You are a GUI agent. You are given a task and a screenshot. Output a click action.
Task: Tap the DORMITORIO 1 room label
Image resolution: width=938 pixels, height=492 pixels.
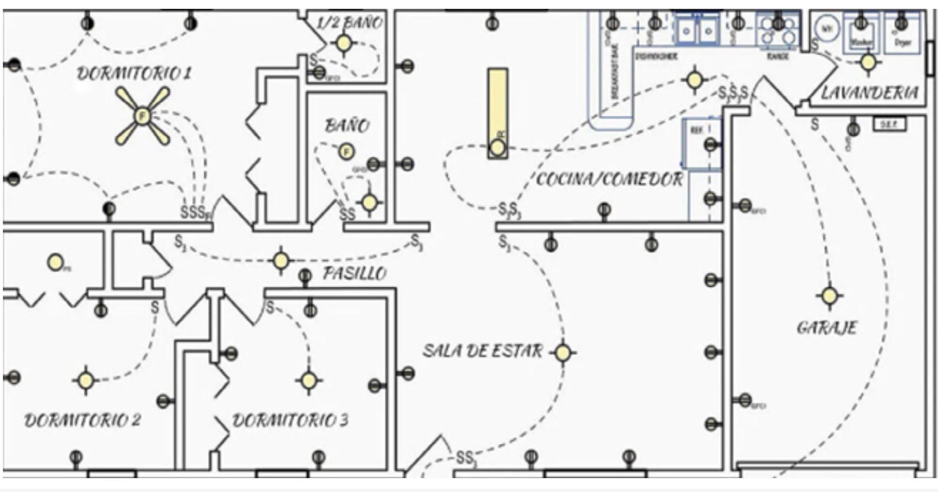[x=134, y=73]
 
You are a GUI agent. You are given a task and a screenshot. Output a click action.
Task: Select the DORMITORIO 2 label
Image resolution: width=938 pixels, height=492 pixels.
[x=82, y=420]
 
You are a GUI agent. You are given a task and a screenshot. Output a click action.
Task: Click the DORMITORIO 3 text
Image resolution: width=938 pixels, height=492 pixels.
[x=290, y=420]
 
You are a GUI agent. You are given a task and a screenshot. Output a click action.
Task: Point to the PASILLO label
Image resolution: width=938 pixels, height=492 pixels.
[x=354, y=273]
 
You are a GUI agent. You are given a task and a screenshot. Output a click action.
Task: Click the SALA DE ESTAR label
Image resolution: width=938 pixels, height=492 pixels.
[x=482, y=351]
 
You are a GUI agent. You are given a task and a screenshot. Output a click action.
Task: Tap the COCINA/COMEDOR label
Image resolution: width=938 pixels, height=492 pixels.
[x=609, y=179]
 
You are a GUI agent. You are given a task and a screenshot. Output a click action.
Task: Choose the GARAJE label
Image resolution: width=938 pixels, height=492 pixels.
[x=826, y=327]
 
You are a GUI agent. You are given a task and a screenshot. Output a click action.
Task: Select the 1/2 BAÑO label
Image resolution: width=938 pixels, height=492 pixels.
[x=349, y=22]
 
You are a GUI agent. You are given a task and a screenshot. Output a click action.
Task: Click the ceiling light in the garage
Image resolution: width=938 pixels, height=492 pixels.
[x=829, y=296]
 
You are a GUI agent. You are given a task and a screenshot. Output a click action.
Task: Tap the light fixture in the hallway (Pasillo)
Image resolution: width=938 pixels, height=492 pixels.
[x=281, y=260]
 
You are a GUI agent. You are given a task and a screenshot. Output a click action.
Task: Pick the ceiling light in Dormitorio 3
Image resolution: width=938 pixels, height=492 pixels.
[x=308, y=381]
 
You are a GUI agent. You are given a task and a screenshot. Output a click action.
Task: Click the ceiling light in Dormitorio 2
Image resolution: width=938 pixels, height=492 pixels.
[x=86, y=380]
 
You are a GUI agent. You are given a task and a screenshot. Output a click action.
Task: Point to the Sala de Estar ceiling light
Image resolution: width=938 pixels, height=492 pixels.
[x=563, y=353]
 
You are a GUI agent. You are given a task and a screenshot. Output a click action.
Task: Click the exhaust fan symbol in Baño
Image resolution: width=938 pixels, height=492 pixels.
[x=345, y=152]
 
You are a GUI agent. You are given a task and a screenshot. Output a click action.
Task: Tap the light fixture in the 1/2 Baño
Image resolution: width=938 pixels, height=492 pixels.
[x=344, y=44]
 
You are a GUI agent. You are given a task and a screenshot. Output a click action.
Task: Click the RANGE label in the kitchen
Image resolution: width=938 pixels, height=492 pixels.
[x=778, y=57]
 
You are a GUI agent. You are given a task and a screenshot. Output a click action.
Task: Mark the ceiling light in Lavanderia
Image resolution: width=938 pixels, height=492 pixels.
[x=868, y=62]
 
